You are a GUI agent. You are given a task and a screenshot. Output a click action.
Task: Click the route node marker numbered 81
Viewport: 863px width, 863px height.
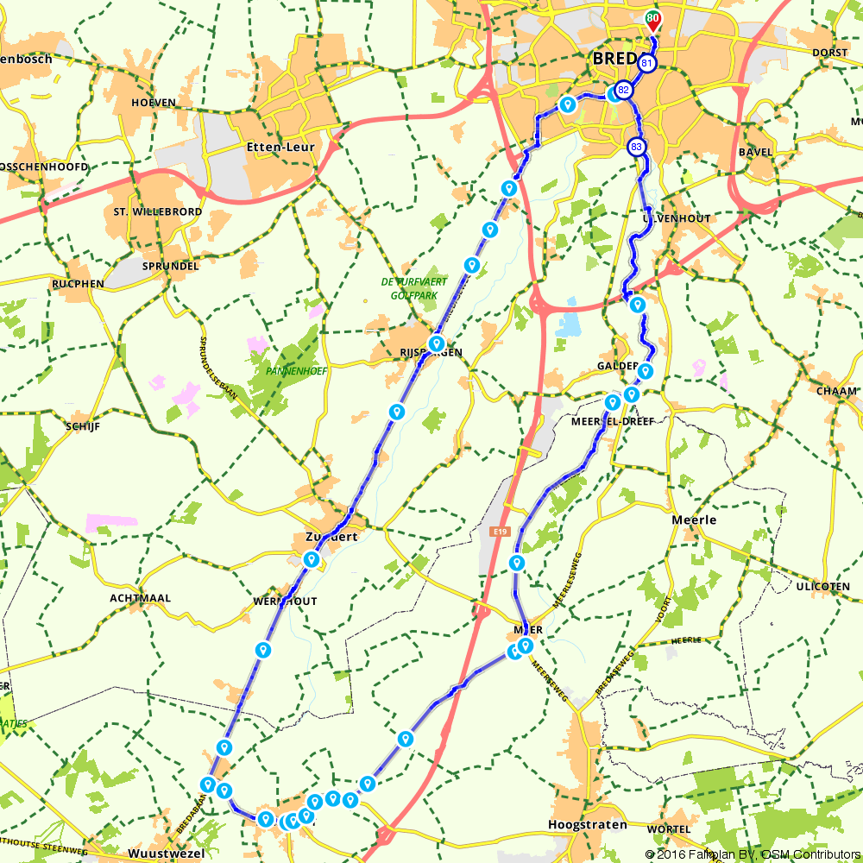pos(646,63)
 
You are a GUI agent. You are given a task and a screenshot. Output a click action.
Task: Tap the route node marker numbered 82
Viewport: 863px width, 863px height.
pos(623,90)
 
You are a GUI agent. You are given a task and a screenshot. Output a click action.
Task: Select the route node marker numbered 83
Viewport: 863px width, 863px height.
pos(637,148)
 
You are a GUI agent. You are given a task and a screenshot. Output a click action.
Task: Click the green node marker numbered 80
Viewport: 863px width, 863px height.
pos(653,17)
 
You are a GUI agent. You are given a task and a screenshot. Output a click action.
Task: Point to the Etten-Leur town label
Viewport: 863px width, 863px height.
pos(280,148)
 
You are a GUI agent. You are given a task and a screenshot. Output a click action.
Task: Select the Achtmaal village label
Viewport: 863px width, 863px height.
pos(141,597)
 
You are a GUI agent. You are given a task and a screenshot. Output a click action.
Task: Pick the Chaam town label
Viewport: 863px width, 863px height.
pos(836,390)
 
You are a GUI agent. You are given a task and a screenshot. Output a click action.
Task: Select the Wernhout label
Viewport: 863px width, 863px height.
pos(285,601)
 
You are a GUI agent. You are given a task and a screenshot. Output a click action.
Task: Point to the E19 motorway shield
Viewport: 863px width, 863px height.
pos(500,532)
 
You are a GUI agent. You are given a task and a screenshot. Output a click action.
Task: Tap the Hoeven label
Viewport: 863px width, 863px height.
pos(154,102)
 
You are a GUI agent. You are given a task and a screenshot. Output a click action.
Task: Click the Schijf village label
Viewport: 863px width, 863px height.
pos(83,426)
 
